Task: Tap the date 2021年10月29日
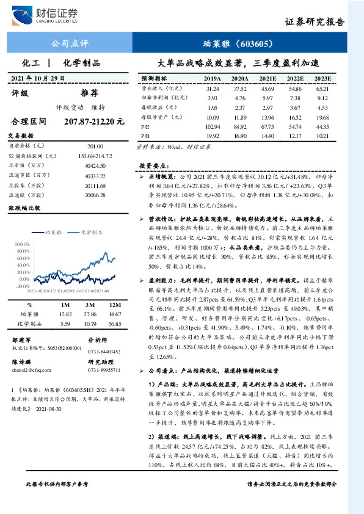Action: point(38,78)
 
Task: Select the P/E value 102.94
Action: point(212,125)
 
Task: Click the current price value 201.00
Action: point(95,147)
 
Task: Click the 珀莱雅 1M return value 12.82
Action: point(66,313)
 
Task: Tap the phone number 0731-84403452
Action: point(104,352)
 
